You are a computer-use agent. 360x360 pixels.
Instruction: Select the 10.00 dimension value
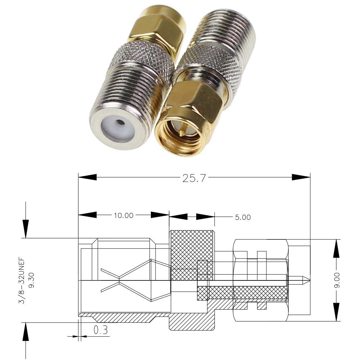click(123, 216)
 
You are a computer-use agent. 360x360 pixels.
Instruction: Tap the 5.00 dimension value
click(243, 217)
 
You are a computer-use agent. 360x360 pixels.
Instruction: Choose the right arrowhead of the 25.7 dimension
click(301, 177)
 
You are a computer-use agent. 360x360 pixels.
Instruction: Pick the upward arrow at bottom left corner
click(26, 332)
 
